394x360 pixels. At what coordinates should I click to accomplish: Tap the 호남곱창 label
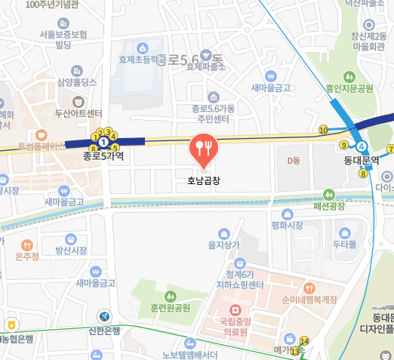202,181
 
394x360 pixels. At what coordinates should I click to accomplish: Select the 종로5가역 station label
103,156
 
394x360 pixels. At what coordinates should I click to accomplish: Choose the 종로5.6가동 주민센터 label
214,113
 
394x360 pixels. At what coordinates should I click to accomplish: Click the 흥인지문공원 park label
349,88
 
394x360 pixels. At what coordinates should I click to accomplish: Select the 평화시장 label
287,225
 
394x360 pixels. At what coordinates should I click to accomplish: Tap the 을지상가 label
223,245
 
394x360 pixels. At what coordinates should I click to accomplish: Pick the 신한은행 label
104,331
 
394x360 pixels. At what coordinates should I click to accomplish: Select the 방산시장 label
71,250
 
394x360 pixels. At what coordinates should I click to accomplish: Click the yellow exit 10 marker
323,131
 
